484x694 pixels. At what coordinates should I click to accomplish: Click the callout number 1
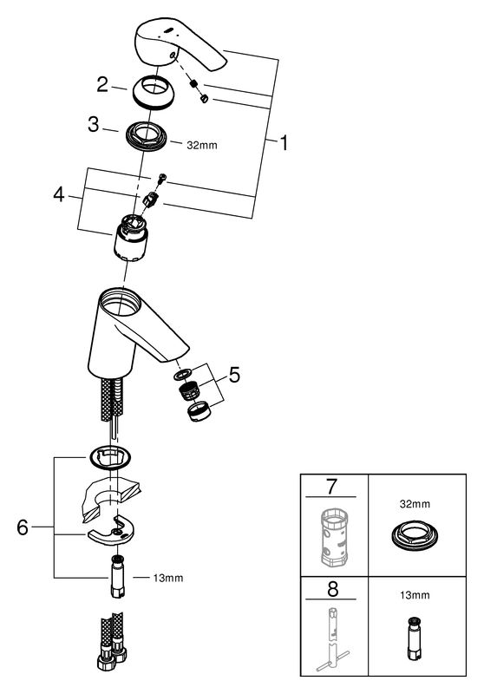284,142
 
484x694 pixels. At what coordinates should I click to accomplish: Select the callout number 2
102,84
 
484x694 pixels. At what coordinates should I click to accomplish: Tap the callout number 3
94,124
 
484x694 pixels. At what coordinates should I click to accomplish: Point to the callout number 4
59,194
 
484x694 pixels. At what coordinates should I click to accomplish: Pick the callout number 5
234,376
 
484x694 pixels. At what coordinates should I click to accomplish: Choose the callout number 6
23,527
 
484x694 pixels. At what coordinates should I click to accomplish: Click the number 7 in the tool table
331,486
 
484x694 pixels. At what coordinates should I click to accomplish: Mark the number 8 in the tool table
332,589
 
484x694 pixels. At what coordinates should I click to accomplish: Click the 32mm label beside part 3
202,145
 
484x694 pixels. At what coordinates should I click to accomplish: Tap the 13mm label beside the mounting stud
167,578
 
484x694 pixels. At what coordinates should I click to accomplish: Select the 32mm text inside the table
415,504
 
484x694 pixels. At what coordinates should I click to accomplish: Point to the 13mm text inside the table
415,595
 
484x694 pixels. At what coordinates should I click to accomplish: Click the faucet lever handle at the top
177,47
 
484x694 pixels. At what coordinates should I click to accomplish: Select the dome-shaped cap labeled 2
154,92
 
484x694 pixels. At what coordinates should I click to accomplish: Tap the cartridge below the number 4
130,238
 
